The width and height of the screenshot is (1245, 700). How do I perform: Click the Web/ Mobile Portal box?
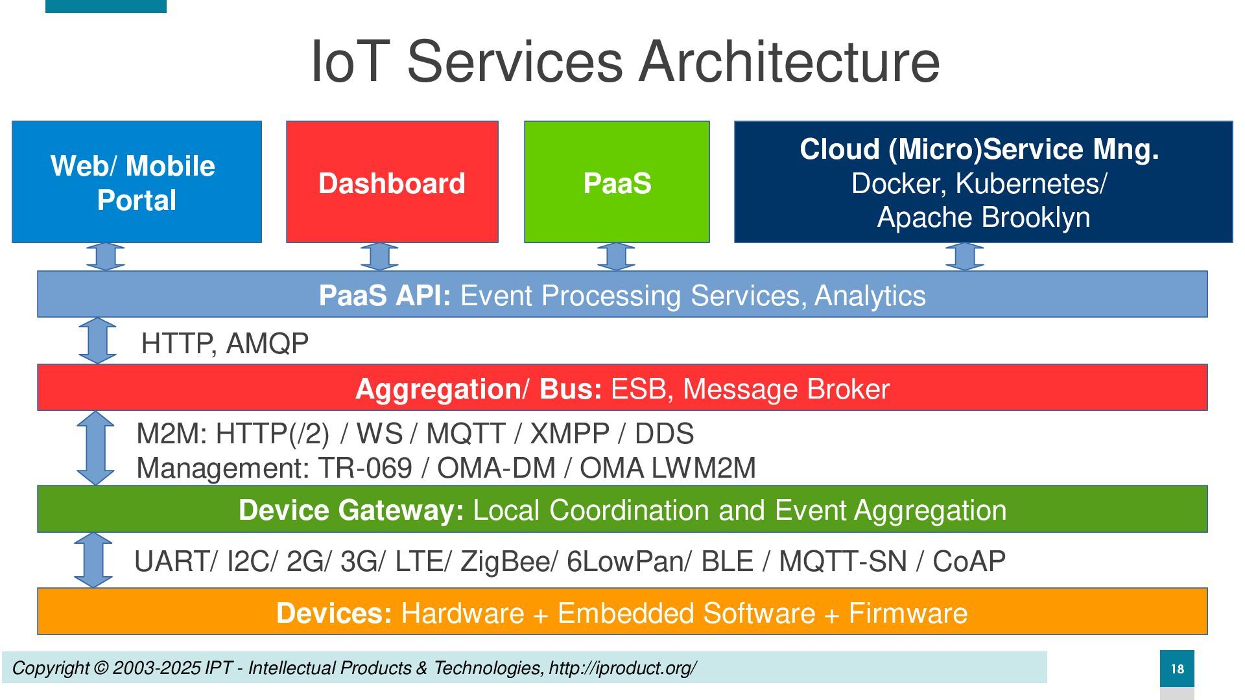pos(137,181)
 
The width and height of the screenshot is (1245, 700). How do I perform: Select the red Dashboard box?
pos(392,181)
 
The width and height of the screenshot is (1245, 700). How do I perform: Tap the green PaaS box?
pos(617,181)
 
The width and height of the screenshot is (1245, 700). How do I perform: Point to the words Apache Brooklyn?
pos(984,217)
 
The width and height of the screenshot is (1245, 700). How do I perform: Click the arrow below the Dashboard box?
pos(379,257)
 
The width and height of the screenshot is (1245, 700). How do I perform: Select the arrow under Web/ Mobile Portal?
pos(105,257)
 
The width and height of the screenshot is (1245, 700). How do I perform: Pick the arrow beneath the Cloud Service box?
pos(964,257)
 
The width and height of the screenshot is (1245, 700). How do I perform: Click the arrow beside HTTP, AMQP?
pos(97,340)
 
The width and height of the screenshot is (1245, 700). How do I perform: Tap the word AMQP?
pos(267,343)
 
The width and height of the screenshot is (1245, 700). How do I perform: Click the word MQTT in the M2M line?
pos(466,434)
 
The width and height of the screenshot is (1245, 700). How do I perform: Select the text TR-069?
pos(364,468)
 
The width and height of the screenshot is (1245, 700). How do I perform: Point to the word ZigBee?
pos(505,561)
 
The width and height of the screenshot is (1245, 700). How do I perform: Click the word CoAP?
pos(969,561)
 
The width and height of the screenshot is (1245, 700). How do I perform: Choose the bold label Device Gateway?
pos(351,510)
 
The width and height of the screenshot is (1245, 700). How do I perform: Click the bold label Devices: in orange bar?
pos(334,613)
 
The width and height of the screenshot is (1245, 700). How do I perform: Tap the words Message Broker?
pos(786,389)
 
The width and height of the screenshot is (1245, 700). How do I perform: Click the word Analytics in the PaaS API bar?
pos(870,296)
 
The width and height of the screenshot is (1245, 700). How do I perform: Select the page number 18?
pos(1177,669)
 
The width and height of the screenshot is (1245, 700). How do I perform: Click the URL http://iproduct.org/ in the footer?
pos(622,668)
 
